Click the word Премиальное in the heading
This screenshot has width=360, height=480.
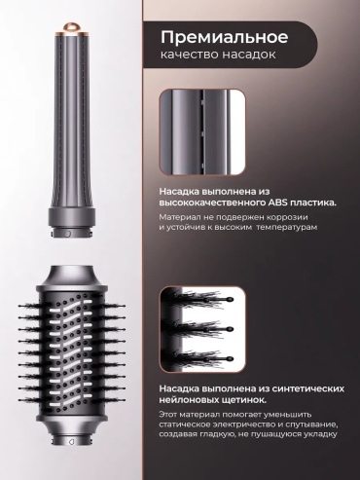click(x=224, y=37)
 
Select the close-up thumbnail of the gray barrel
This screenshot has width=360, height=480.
click(x=202, y=132)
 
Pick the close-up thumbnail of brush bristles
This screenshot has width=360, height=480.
click(x=202, y=329)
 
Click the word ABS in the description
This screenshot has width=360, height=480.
click(x=277, y=203)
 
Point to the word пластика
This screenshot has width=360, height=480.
click(x=312, y=203)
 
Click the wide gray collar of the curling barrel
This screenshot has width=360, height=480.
click(x=72, y=216)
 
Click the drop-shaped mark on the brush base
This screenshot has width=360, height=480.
click(x=72, y=441)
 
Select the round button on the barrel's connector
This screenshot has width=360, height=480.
click(x=66, y=234)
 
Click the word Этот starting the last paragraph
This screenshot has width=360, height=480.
click(x=167, y=415)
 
